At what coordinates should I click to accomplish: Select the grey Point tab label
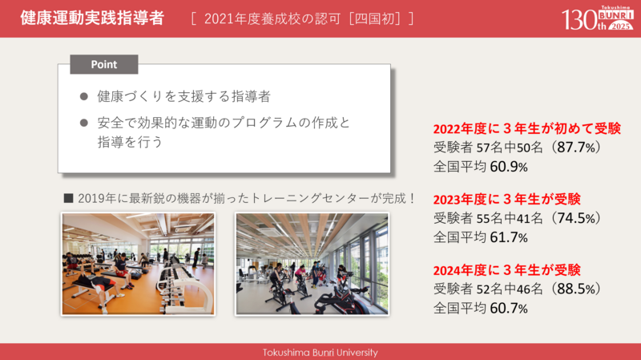coord(104,64)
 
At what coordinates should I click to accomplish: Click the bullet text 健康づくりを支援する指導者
coord(183,96)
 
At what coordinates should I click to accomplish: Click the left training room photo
coord(138,263)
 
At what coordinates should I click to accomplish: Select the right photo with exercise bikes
coord(312,263)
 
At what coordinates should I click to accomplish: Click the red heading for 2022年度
coord(526,128)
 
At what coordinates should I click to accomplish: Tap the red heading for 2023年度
coord(506,199)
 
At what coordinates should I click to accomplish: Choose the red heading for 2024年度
coord(506,269)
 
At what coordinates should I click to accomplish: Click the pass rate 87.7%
coord(574,148)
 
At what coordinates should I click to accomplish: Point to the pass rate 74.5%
coord(574,218)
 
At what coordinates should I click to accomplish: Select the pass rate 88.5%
coord(574,289)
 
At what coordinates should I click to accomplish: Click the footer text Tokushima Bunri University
coord(320,352)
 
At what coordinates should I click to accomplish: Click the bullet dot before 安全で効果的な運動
coord(84,123)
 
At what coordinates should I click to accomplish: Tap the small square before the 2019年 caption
coord(68,198)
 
